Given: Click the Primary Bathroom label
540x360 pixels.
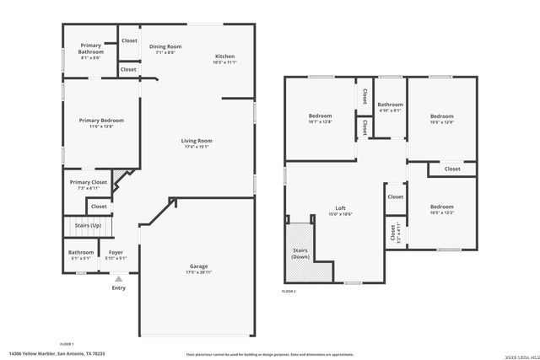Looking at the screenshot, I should coord(91,49).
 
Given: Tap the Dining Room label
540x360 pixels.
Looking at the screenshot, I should coord(165,46).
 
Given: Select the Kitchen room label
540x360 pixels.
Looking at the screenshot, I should coord(224,56).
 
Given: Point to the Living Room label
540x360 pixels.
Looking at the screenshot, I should coord(197,141).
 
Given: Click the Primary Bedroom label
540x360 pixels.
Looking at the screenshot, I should coord(101,121).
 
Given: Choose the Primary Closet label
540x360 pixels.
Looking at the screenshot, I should coord(88,182).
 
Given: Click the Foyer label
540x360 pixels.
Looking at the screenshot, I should coord(116,252).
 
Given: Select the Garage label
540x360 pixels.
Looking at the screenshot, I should coord(198,266).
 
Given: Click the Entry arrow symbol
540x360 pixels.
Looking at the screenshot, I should coord(119,278).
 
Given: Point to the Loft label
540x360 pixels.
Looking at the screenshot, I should coord(340,208).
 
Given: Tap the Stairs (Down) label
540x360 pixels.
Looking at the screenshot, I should coord(300,252).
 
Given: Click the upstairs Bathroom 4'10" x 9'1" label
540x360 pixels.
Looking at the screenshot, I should coord(390,105).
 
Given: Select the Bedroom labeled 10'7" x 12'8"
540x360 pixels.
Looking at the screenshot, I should coord(320,116).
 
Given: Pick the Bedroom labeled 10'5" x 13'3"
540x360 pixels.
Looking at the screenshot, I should coord(441,207).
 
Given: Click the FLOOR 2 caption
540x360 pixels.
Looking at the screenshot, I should coord(289,291).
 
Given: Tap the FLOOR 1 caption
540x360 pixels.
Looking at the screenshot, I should coord(67,344).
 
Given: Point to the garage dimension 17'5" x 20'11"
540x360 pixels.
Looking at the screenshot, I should coord(198,273).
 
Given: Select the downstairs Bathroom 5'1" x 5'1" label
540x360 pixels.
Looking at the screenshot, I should coord(81,252).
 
